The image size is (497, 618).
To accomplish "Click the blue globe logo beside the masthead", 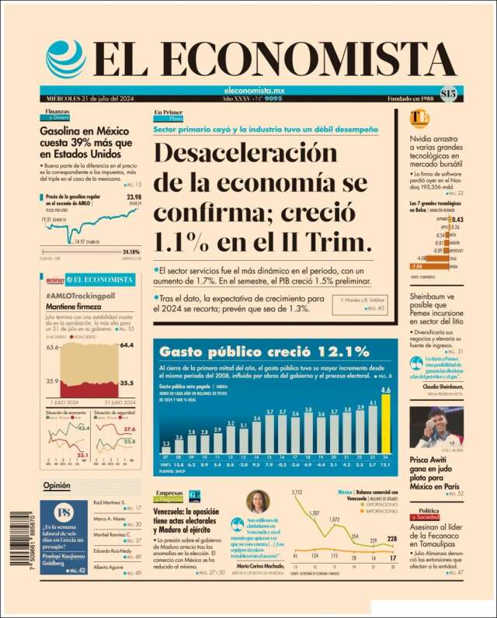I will (x=65, y=59).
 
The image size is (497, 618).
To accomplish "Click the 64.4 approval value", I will (x=127, y=345).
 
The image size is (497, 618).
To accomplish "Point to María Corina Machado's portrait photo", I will (x=258, y=502).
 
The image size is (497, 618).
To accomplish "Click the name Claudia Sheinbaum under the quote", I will (x=443, y=387).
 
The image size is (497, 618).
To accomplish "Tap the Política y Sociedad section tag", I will (x=430, y=513).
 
